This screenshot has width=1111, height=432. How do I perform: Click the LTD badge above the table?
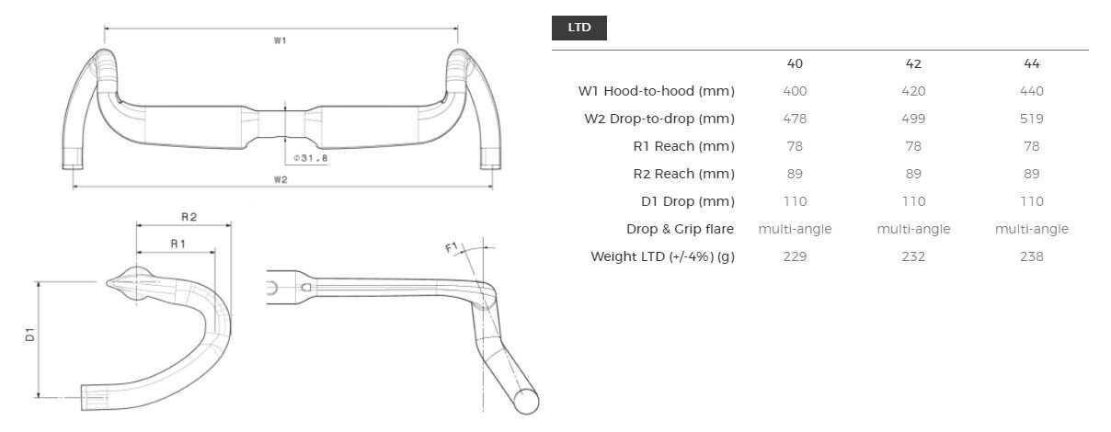click(x=578, y=28)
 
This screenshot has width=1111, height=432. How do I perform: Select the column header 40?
click(x=795, y=63)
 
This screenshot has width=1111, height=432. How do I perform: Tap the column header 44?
click(x=1031, y=63)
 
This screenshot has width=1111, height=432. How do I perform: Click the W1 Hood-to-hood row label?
click(x=656, y=91)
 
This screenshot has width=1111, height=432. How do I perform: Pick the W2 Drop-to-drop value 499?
click(x=913, y=119)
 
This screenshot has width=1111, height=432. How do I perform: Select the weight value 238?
click(x=1031, y=256)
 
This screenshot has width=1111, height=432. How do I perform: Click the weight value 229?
click(x=795, y=256)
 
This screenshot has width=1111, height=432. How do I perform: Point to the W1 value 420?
click(x=913, y=91)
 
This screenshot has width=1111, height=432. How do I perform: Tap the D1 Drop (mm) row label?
click(x=680, y=201)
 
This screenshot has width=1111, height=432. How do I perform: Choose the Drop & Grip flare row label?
click(x=680, y=229)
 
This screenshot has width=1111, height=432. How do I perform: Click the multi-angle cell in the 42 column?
click(x=913, y=229)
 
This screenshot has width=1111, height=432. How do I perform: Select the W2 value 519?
click(x=1031, y=119)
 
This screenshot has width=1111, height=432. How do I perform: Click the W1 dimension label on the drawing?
click(x=281, y=40)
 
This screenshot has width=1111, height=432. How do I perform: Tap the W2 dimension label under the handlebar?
click(x=281, y=179)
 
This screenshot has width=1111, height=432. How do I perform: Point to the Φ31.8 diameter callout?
click(x=310, y=158)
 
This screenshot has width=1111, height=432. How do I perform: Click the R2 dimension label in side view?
click(x=189, y=217)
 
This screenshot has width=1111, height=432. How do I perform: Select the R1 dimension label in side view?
click(x=178, y=244)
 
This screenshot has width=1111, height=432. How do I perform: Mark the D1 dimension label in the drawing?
click(x=30, y=335)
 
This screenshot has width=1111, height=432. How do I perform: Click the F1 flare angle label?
click(x=452, y=248)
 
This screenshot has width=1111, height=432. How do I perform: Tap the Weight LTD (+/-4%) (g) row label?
click(x=662, y=256)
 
